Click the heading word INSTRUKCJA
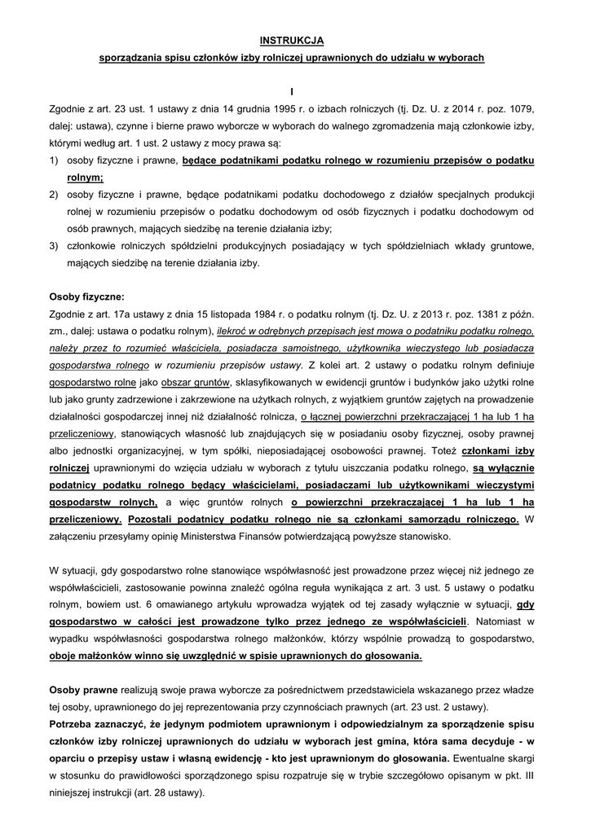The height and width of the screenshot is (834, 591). (x=292, y=39)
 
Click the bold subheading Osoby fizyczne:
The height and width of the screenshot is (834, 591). (x=87, y=296)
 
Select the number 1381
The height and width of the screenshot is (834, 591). (x=472, y=314)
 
